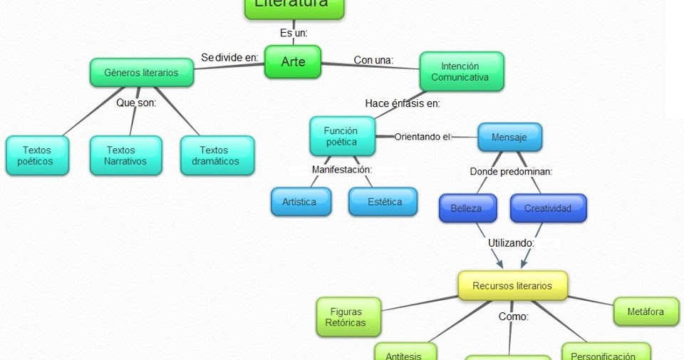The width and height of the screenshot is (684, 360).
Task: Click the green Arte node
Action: (293, 62)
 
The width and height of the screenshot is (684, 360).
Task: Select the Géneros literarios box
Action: (141, 73)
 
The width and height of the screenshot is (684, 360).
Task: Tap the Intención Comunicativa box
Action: (460, 71)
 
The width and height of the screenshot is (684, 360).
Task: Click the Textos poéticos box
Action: (36, 155)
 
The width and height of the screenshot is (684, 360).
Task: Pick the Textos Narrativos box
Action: (126, 155)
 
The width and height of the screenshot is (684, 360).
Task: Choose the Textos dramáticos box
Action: (216, 155)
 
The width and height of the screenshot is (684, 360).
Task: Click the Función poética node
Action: (341, 136)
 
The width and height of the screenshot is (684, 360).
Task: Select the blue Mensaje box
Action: (509, 137)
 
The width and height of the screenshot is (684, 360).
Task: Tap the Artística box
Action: (300, 202)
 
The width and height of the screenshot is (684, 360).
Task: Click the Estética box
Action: (385, 202)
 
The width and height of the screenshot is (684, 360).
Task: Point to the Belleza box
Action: (466, 208)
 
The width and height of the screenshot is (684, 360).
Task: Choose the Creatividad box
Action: (548, 208)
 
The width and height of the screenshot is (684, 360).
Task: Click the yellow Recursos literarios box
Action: (512, 286)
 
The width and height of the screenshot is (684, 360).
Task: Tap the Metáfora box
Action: (646, 312)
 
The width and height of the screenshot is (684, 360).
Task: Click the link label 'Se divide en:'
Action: (229, 58)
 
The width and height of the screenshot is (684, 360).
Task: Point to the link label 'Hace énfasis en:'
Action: (403, 103)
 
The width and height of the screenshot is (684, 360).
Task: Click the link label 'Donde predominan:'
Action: (511, 172)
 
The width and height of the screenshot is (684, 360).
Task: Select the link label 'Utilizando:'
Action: (511, 242)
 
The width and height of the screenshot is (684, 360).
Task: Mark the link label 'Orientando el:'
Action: (423, 136)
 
